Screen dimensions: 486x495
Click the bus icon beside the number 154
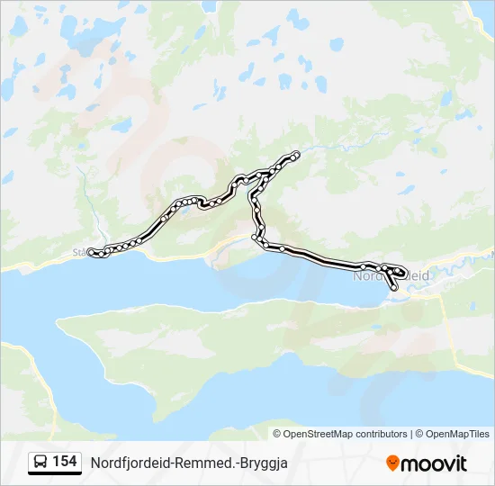point(41,463)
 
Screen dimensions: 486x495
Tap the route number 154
point(64,462)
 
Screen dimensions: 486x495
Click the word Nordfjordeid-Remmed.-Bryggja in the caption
point(194,463)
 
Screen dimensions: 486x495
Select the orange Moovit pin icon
point(392,463)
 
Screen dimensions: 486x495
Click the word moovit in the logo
point(434,463)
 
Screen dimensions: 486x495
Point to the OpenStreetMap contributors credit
point(346,434)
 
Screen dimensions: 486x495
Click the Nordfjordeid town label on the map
point(369,276)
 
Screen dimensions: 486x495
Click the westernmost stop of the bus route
point(90,252)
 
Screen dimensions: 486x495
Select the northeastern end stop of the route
point(296,154)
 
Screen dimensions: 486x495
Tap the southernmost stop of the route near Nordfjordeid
point(393,286)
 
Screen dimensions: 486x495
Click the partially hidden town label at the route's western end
point(79,253)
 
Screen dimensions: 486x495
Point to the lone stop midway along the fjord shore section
point(282,247)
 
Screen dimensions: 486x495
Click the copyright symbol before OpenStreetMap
point(278,434)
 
